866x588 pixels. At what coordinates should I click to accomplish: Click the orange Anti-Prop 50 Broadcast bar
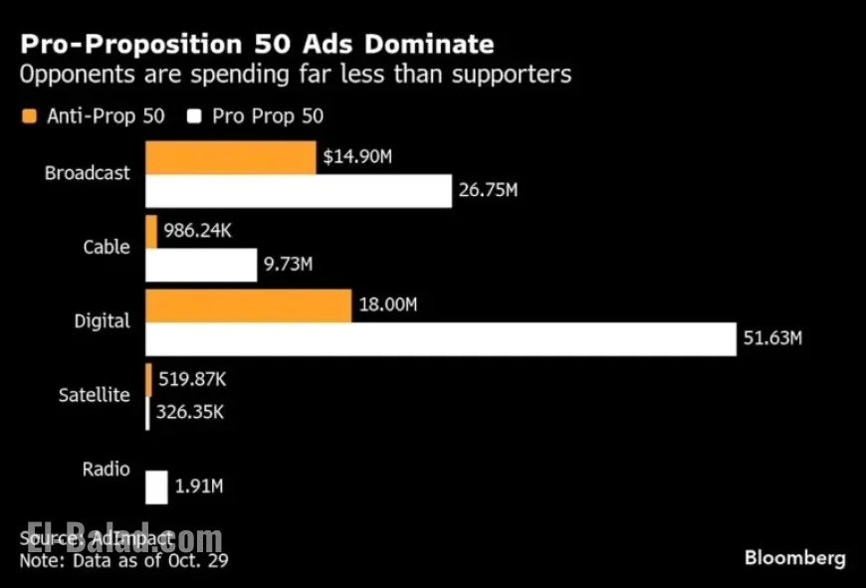(231, 157)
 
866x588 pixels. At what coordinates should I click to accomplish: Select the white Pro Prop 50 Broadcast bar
(299, 190)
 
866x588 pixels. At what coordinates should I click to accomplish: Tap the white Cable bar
(201, 265)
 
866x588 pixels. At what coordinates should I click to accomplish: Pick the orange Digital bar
(248, 305)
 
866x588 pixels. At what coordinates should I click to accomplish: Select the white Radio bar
(156, 488)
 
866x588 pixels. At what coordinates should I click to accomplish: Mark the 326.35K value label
(188, 412)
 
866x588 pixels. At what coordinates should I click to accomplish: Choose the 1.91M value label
(198, 488)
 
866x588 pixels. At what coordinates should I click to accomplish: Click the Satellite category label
(94, 395)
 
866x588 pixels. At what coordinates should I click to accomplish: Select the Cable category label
(106, 247)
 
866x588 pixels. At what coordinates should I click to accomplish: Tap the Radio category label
(107, 469)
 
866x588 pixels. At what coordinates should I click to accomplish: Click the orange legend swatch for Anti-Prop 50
(28, 116)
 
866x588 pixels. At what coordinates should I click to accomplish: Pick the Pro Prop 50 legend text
(268, 116)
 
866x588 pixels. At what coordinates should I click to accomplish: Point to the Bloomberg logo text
(794, 557)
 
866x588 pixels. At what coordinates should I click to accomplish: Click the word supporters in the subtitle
(512, 75)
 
